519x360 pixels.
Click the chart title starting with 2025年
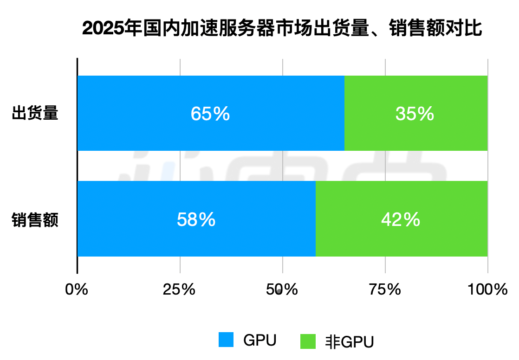[282, 28]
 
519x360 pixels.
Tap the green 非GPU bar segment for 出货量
[415, 135]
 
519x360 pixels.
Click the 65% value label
[210, 114]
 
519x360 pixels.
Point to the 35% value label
[415, 114]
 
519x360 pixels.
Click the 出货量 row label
[35, 114]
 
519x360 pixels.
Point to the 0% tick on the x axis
[77, 290]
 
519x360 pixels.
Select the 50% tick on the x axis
[282, 290]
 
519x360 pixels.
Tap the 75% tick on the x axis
[385, 290]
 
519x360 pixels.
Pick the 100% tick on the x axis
[487, 290]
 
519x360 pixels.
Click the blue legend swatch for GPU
[226, 340]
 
